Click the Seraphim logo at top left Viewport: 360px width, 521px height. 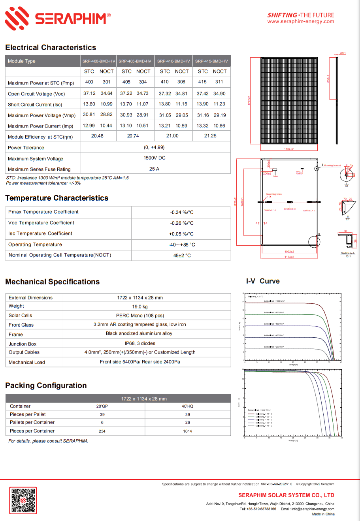tap(58, 18)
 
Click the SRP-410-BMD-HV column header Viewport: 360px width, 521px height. tap(173, 61)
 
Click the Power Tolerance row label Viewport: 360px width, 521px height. tap(26, 148)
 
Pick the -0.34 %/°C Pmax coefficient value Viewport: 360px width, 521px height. tap(182, 213)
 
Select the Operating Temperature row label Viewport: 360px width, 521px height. tap(35, 245)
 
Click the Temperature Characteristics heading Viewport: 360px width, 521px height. tap(57, 198)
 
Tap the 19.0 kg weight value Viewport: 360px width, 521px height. tap(139, 307)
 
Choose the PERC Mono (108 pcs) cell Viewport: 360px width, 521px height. tap(140, 316)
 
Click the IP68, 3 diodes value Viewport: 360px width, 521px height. tap(140, 343)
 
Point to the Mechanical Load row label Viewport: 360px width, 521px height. tap(27, 362)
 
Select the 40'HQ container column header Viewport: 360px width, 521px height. tap(187, 406)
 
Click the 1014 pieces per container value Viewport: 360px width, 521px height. tap(187, 431)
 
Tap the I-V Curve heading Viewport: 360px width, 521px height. tap(263, 281)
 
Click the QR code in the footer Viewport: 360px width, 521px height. tap(23, 500)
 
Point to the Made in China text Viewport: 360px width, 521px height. tap(323, 514)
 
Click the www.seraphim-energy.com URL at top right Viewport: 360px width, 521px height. tap(300, 22)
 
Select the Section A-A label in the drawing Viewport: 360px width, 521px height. tap(348, 253)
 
